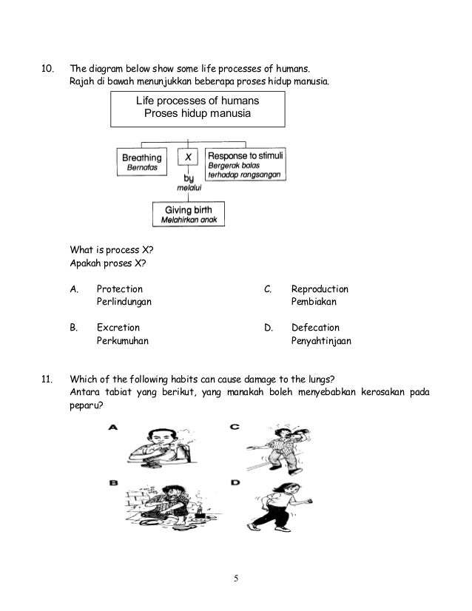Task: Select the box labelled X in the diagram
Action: click(189, 158)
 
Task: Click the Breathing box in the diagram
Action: click(142, 162)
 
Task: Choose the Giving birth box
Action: click(188, 214)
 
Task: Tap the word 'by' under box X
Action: click(189, 178)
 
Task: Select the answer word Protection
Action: click(120, 289)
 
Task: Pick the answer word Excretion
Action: click(118, 327)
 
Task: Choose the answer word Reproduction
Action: click(320, 289)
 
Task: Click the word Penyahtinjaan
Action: click(321, 341)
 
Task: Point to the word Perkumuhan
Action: click(123, 341)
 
